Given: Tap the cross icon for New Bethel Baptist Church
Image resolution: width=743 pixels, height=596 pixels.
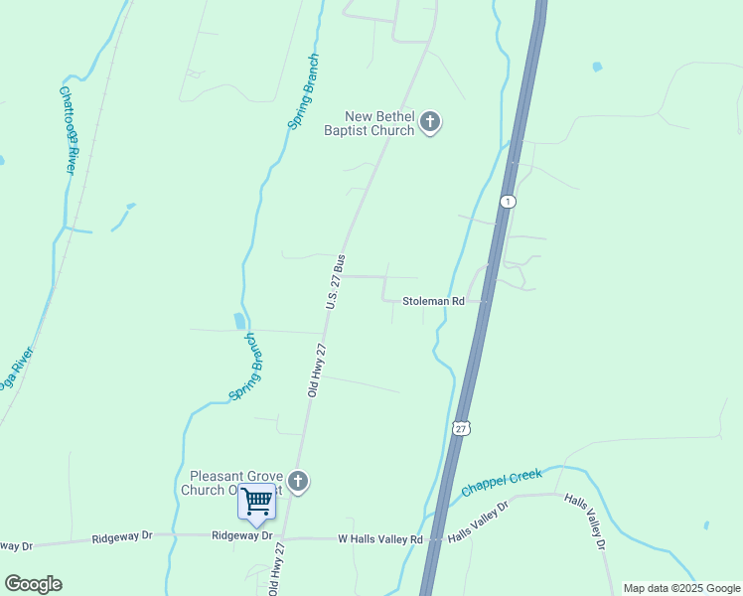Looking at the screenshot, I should pyautogui.click(x=430, y=123).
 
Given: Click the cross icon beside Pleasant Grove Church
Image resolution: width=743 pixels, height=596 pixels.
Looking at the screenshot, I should pyautogui.click(x=297, y=483).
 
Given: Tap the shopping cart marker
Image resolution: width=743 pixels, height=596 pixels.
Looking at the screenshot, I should pyautogui.click(x=256, y=502).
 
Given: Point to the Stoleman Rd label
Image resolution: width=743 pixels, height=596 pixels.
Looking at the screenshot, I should pyautogui.click(x=433, y=300).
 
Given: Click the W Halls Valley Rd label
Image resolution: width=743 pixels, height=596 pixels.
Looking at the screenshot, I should pyautogui.click(x=381, y=539).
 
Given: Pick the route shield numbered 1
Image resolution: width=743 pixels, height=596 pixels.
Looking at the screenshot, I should pyautogui.click(x=508, y=201).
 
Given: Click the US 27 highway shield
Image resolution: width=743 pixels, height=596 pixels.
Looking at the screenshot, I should pyautogui.click(x=460, y=427).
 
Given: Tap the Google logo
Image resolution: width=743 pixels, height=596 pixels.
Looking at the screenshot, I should pyautogui.click(x=34, y=584).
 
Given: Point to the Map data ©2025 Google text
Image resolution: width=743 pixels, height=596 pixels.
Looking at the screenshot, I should pyautogui.click(x=681, y=588).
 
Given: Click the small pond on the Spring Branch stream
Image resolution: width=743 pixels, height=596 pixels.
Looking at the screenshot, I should pyautogui.click(x=239, y=321).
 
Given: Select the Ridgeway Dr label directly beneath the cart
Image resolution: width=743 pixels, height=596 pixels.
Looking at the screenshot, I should pyautogui.click(x=242, y=535).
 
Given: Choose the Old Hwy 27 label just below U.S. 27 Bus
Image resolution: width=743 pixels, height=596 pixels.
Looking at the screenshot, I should pyautogui.click(x=317, y=371).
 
